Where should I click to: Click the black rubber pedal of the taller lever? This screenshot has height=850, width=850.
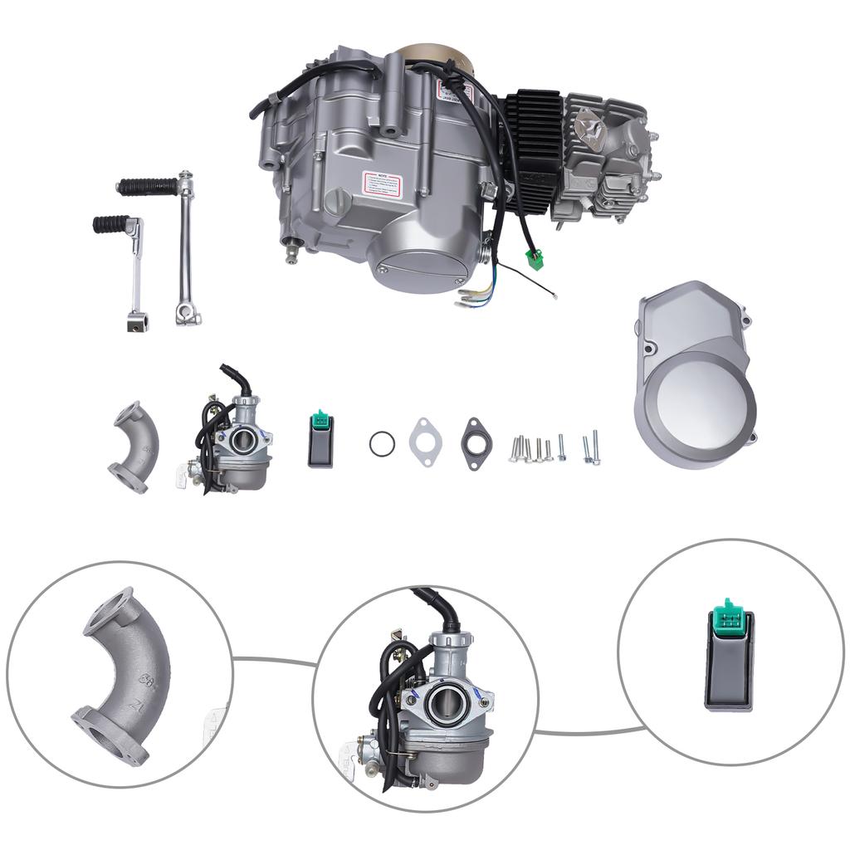pos(147,187)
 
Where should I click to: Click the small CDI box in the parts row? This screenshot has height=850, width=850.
pos(320,440)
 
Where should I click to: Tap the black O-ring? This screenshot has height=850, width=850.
pos(381,443)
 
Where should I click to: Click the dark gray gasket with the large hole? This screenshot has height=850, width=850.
pos(476,439)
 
